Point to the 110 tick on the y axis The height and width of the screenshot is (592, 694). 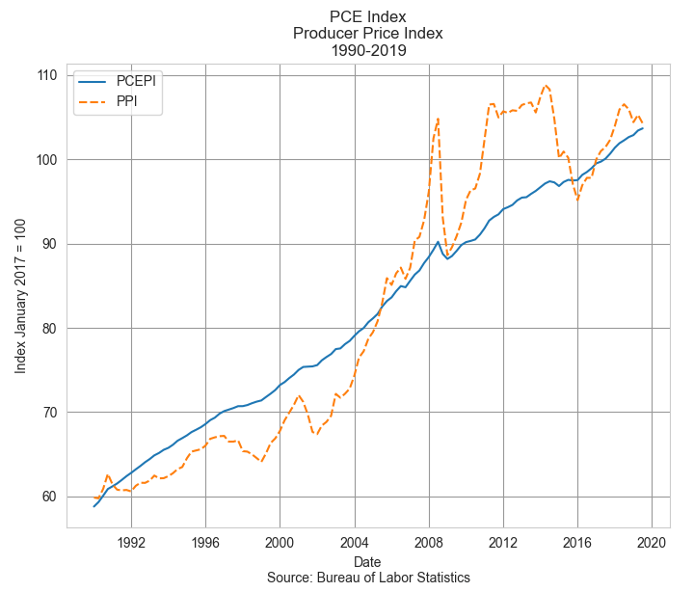click(47, 75)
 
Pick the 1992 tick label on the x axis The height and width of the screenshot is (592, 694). click(131, 541)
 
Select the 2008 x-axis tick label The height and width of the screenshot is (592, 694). click(429, 541)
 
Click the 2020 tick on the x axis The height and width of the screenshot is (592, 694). click(652, 541)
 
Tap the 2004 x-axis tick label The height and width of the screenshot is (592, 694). click(355, 541)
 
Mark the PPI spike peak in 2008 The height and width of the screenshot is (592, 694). click(438, 119)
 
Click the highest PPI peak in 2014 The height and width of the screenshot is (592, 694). click(546, 85)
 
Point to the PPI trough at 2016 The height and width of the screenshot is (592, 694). click(577, 200)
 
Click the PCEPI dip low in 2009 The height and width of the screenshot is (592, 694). click(447, 258)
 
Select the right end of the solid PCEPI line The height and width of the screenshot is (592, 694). click(643, 128)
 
